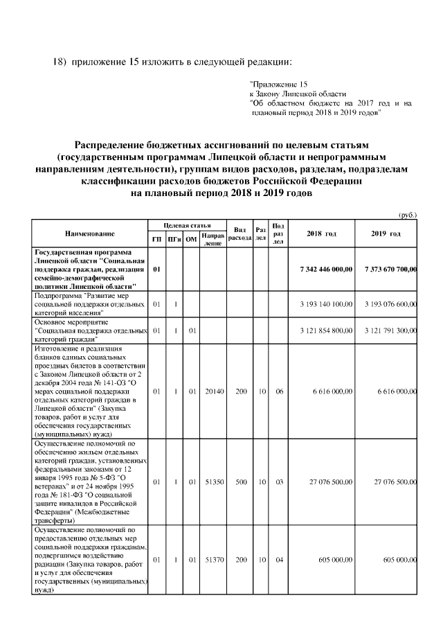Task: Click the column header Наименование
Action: point(90,234)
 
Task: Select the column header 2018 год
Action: point(321,234)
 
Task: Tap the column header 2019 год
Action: point(386,234)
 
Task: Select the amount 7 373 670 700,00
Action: point(386,269)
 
